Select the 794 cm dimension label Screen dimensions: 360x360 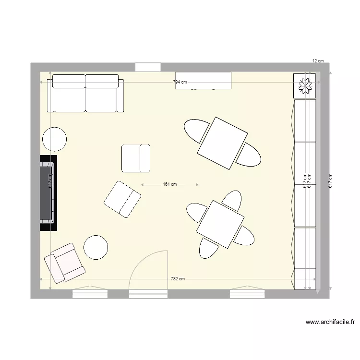tap(180, 82)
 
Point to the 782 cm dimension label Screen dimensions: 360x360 tap(178, 279)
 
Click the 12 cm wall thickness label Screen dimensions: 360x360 tap(318, 61)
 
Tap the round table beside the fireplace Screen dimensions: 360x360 tap(54, 140)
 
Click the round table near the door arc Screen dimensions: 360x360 tap(96, 248)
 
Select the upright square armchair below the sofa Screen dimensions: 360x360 tap(136, 158)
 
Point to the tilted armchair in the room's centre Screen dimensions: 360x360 tap(122, 199)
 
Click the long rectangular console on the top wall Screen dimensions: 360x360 tap(203, 80)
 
